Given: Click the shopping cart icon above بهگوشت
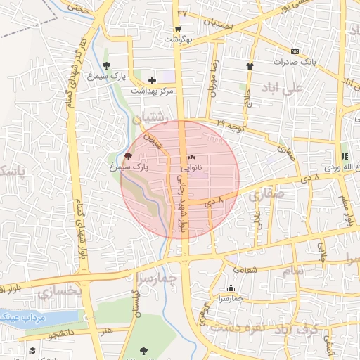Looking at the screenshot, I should point(179,29).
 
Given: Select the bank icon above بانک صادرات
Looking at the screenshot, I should point(295,51).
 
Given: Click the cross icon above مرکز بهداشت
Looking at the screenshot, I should point(152,81).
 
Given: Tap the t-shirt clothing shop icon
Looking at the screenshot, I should point(250,66).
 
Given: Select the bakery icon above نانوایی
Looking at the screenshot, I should point(192,158).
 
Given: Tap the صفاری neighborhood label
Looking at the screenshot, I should point(266,192).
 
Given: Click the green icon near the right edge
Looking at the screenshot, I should point(345,157).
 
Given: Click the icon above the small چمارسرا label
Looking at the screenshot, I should point(231,287).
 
